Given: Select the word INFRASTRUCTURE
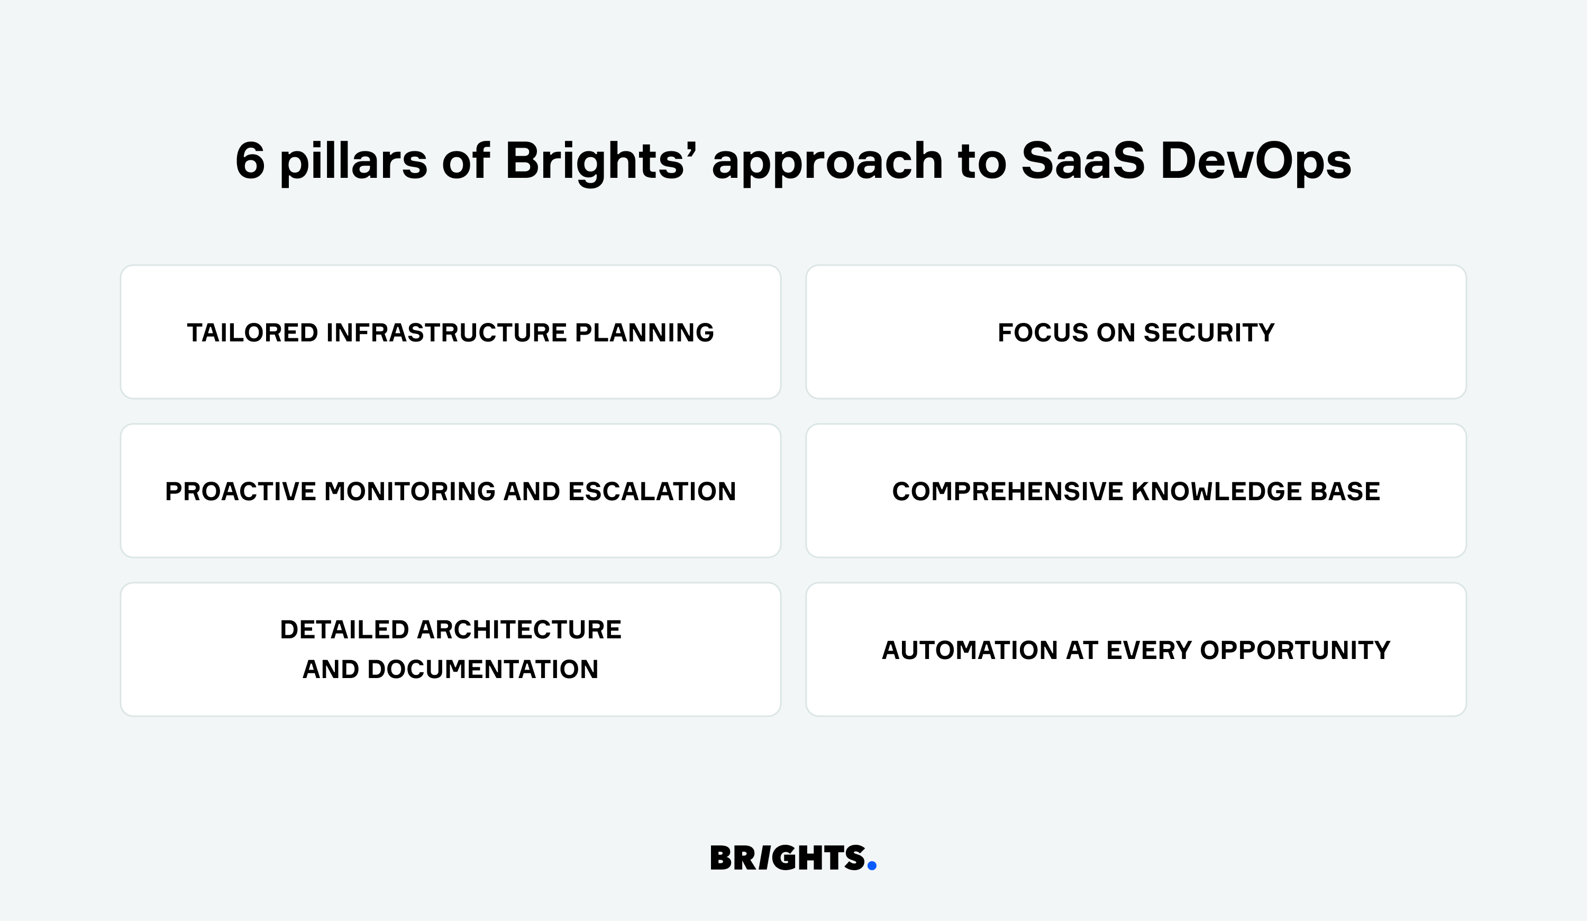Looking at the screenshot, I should point(446,332).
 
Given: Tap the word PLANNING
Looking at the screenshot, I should point(644,332).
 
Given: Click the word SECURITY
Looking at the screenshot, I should point(1209,332).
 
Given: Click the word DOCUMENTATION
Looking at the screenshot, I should point(482,670).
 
